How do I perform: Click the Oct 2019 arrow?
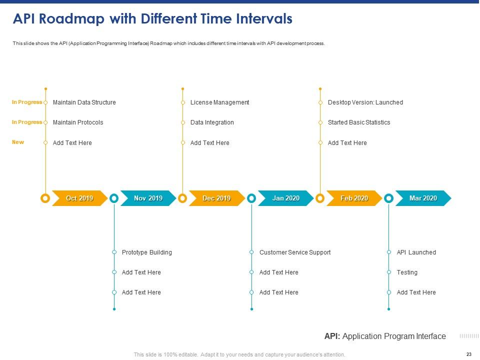tap(79, 198)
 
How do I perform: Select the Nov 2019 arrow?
tap(148, 198)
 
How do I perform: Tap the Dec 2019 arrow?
tap(216, 198)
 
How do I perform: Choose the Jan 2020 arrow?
tap(285, 198)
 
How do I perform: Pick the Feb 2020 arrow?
tap(354, 198)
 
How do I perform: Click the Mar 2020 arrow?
tap(423, 198)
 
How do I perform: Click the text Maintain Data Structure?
tap(84, 102)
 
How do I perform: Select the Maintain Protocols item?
tap(78, 122)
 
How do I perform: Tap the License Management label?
tap(219, 102)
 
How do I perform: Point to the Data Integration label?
tap(212, 122)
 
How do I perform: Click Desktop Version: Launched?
tap(365, 102)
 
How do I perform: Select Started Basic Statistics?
tap(358, 122)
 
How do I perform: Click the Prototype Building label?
tap(146, 252)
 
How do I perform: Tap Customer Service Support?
tap(294, 252)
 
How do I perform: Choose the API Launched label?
tap(416, 252)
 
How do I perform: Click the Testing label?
tap(407, 272)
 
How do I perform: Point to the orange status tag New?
tap(18, 142)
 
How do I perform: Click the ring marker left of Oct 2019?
tap(45, 198)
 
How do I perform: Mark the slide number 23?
tap(468, 354)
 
